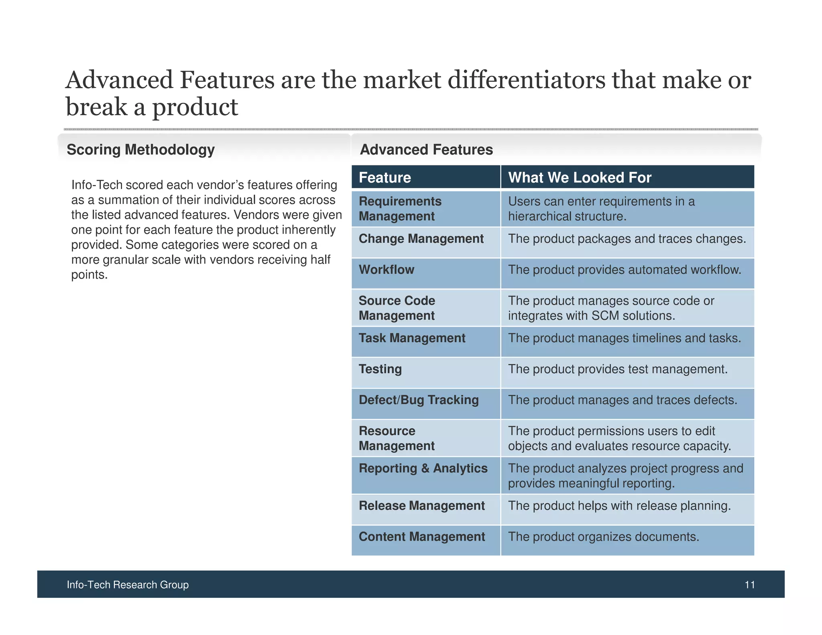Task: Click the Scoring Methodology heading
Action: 140,150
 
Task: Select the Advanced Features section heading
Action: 426,150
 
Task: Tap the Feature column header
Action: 385,177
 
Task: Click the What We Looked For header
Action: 580,177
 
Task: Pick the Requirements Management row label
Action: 400,209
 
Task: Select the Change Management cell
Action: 421,239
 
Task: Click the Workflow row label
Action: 386,270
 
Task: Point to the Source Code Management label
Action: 397,308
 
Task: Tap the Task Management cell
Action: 412,338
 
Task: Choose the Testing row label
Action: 380,369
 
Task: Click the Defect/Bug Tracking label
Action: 419,400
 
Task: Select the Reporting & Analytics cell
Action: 423,468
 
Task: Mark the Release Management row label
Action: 421,506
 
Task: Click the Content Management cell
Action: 422,537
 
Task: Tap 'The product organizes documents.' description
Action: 603,537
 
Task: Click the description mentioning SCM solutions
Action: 611,308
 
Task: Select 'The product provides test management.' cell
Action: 618,369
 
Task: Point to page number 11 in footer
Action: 749,585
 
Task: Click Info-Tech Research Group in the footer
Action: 128,585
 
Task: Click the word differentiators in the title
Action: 526,80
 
